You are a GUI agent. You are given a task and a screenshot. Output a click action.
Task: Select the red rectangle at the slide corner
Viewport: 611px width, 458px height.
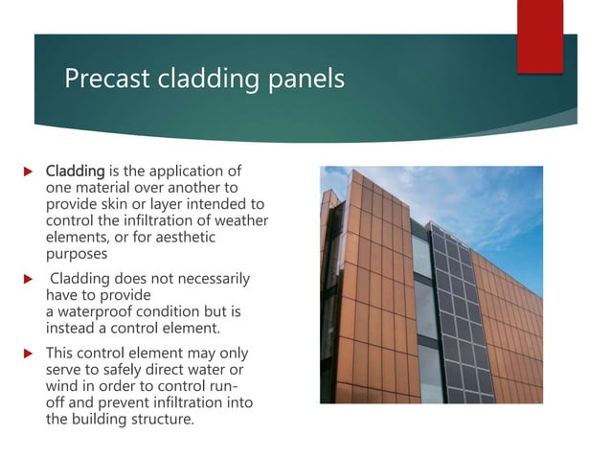click(540, 35)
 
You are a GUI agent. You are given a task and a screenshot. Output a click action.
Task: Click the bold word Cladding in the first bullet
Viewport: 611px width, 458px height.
click(75, 171)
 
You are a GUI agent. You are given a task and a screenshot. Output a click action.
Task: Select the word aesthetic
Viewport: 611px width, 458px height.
click(185, 237)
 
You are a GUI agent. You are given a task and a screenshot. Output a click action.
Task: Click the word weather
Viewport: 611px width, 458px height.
click(241, 220)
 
